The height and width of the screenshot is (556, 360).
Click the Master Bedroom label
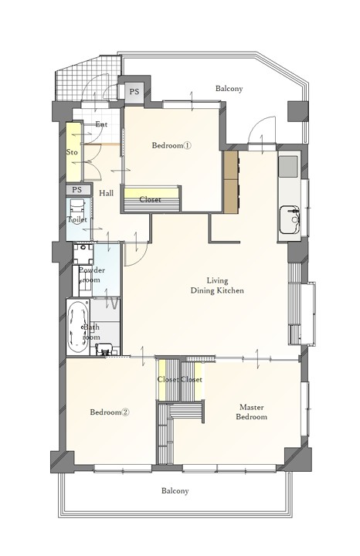coord(252,412)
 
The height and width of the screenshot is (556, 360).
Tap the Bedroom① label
coord(172,145)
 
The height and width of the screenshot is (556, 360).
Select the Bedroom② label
coord(110,412)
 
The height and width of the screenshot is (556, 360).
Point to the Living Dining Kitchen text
coord(217,286)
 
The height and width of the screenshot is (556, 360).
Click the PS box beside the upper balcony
coord(134,92)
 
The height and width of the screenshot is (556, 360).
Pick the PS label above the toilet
coord(77,190)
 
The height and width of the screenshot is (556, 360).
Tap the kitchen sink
coord(290,220)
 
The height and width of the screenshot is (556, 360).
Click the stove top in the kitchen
coord(288,167)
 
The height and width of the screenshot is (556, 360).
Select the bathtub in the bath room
coord(78,327)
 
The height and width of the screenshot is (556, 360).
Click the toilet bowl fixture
coord(77,209)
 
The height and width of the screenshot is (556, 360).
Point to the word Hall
coord(107,193)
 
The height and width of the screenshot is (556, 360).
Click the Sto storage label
coord(72,152)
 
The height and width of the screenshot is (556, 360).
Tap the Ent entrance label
coord(101,124)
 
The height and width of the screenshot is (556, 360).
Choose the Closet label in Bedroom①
coord(151,200)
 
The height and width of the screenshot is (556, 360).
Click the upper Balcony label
coord(229,88)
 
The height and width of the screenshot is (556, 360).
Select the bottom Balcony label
coord(175,491)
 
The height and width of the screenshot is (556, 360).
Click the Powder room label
coord(91,275)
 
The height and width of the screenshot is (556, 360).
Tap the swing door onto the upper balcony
coord(262,131)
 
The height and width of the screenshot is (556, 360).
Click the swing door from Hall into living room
coord(136,254)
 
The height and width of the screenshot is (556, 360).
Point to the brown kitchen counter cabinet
coord(230,182)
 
